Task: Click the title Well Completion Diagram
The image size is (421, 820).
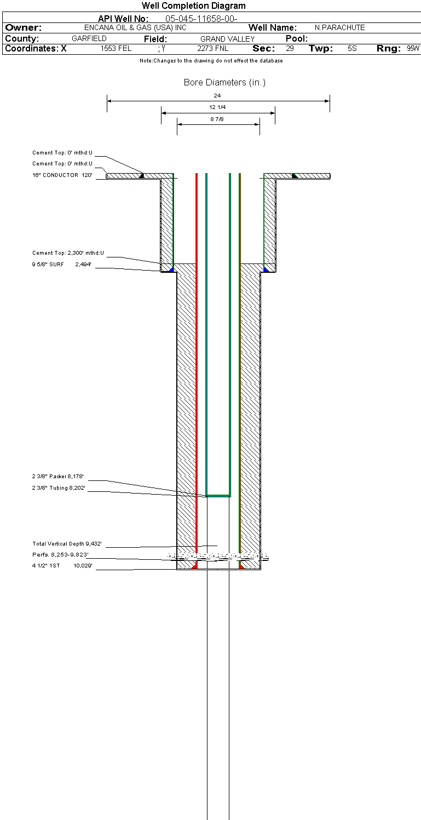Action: coord(193,6)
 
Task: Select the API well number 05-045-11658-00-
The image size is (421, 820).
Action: coord(201,19)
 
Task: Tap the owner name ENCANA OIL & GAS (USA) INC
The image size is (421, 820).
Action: coord(135,28)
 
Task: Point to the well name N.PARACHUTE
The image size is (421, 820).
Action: coord(340,28)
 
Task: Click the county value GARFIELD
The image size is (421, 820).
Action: coord(89,38)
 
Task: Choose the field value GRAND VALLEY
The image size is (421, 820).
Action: coord(228,39)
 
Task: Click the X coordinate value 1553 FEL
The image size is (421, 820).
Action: coord(116,48)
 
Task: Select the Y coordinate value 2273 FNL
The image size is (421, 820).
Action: coord(212,48)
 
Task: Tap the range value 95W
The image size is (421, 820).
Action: coord(413,48)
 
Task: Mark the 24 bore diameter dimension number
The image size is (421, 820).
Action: coord(217,95)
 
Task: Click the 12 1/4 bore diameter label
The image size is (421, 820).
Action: coord(217,107)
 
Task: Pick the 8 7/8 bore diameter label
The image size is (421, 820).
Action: coord(217,119)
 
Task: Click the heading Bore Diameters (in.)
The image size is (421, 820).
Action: coord(224,82)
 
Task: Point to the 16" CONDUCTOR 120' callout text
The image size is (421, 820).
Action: coord(62,175)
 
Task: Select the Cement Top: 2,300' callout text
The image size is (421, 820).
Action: coord(68,253)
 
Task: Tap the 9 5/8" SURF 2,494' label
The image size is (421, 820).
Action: coord(61,265)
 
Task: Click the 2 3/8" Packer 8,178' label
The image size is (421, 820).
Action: coord(58,476)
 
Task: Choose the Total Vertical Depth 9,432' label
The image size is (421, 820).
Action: coord(67,544)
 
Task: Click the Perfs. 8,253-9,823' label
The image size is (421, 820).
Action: coord(60,554)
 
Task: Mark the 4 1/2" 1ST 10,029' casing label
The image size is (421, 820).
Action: coord(62,566)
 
